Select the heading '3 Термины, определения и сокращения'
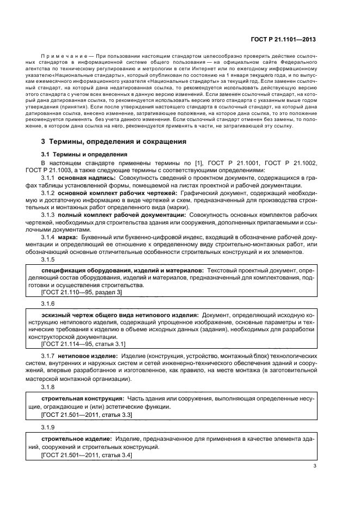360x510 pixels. tap(114, 142)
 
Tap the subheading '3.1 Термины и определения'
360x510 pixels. tap(84, 154)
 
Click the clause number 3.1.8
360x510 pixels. tap(48, 386)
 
